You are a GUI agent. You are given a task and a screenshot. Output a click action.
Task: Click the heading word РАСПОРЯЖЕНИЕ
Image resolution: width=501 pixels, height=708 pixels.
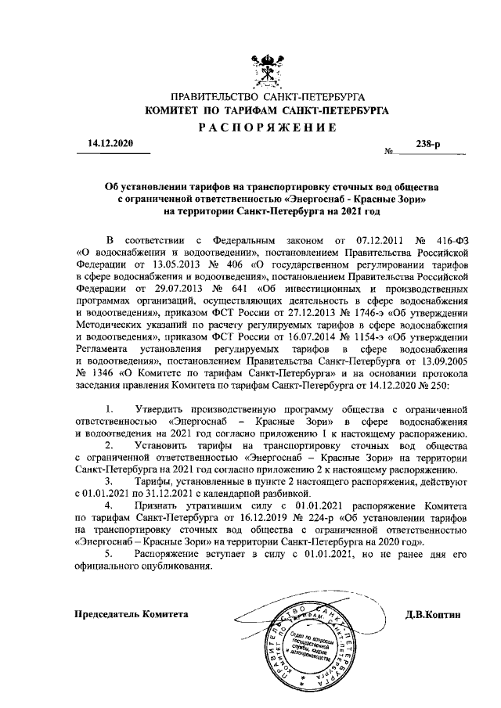pyautogui.click(x=271, y=128)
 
